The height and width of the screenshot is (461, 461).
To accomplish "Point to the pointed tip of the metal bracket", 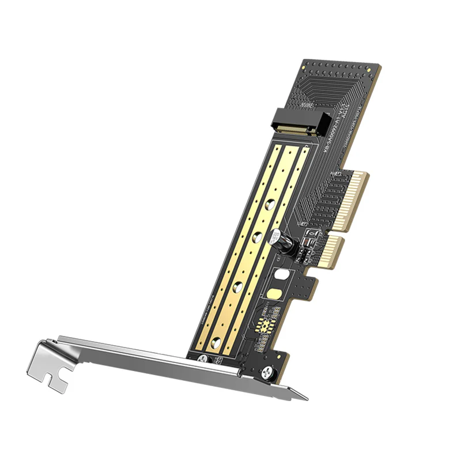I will pyautogui.click(x=306, y=398).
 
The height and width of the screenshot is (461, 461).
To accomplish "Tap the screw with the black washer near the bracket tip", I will pyautogui.click(x=267, y=375).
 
